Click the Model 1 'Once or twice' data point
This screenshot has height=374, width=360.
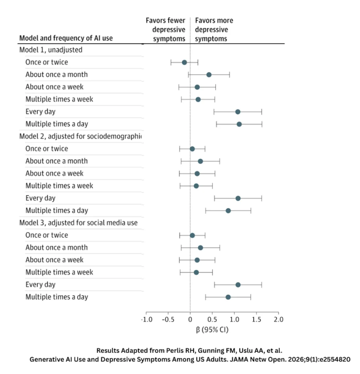point(184,62)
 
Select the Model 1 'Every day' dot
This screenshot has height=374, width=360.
point(238,112)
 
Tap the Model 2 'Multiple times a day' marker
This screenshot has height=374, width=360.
point(228,211)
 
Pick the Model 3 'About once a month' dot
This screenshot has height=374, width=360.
point(200,248)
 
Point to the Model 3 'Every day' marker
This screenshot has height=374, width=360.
point(238,285)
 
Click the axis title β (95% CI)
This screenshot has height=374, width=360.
point(212,329)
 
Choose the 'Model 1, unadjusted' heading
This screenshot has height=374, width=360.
point(51,50)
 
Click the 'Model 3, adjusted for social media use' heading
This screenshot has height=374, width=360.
point(78,223)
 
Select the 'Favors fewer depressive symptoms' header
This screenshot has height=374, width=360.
point(165,30)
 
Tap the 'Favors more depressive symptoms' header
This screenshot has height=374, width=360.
point(214,30)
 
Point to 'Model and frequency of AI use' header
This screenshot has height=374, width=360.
point(66,38)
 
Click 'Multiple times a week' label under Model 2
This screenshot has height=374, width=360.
point(59,186)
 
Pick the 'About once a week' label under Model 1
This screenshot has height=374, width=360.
point(54,87)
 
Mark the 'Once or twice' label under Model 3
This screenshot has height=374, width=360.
point(47,235)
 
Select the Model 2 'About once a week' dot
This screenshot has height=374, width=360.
point(197,173)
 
